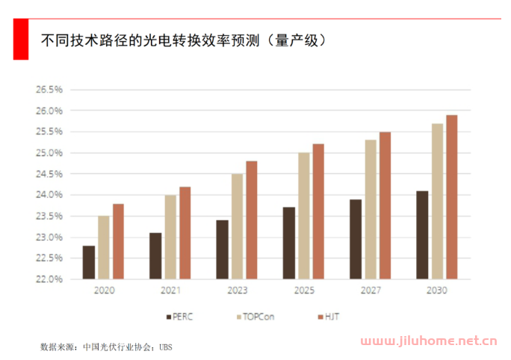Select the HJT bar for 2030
(x=451, y=197)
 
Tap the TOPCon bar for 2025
(x=304, y=216)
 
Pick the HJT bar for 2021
(x=185, y=233)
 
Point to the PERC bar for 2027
(x=356, y=239)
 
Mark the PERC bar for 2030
(x=422, y=235)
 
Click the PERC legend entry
(x=178, y=317)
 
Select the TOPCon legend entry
(x=251, y=317)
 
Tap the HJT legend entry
(x=326, y=317)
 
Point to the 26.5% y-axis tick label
(x=50, y=90)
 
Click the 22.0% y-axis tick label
(x=50, y=279)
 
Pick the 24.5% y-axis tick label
(x=50, y=174)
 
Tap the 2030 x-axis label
(x=436, y=291)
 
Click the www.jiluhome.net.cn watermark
(x=430, y=342)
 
